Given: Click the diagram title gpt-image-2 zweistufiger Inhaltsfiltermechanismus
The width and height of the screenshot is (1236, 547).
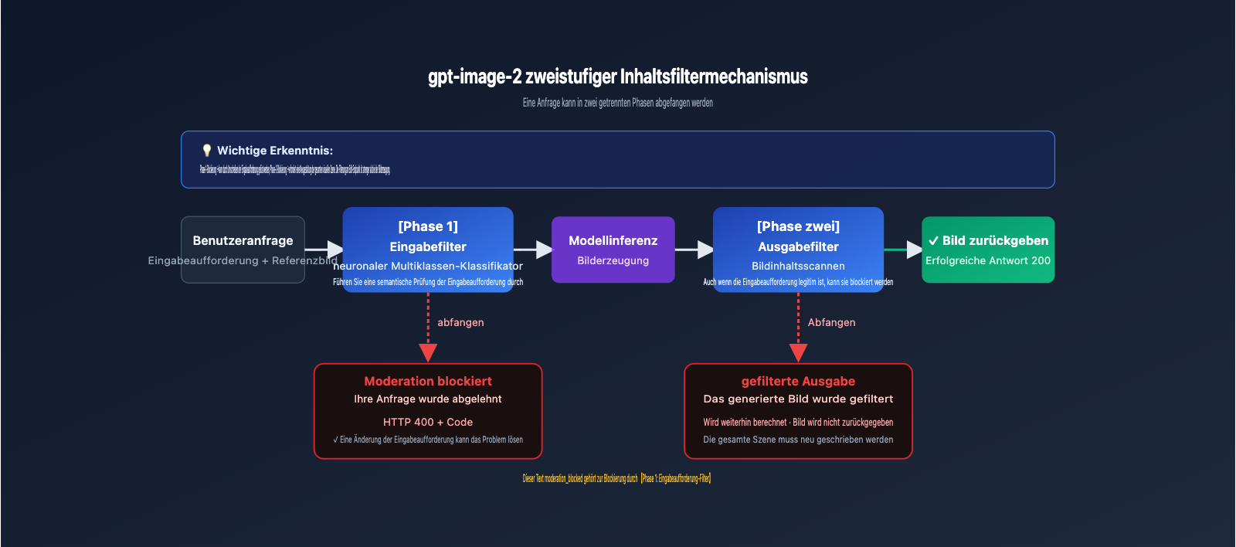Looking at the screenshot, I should [617, 76].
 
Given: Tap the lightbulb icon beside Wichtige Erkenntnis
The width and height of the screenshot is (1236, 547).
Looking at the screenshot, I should [206, 151].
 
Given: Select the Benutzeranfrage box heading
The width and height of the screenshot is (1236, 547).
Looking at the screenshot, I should [243, 240].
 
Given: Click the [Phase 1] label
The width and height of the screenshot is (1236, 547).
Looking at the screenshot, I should [428, 226].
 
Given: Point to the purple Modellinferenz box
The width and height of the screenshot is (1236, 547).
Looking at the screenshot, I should [613, 249].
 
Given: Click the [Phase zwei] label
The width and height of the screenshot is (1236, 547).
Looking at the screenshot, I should [798, 226].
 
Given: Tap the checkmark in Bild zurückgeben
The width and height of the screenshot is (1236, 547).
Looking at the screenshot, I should [933, 241].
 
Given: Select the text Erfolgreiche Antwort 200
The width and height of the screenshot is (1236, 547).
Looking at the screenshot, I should [987, 260].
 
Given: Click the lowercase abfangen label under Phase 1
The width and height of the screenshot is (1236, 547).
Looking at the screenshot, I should [460, 322].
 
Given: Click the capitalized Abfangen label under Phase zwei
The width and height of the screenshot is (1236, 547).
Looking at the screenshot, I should [831, 322].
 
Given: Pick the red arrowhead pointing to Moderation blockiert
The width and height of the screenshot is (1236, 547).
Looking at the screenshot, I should [428, 353].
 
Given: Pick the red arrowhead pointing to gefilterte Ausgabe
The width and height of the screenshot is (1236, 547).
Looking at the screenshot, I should [798, 353].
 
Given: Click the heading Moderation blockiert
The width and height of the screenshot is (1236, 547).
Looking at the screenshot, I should [428, 381].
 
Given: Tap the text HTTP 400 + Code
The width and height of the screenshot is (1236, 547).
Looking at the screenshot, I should [428, 422].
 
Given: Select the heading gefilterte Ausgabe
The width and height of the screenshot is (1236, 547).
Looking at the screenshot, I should [798, 381].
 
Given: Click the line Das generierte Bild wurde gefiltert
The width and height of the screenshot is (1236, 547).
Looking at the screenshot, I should [798, 399].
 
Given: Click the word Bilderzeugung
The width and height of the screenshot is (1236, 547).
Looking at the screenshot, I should [613, 260].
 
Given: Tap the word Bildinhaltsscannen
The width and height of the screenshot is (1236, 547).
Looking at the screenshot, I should [798, 266].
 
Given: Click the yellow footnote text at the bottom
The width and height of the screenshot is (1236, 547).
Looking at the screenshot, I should [616, 478].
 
